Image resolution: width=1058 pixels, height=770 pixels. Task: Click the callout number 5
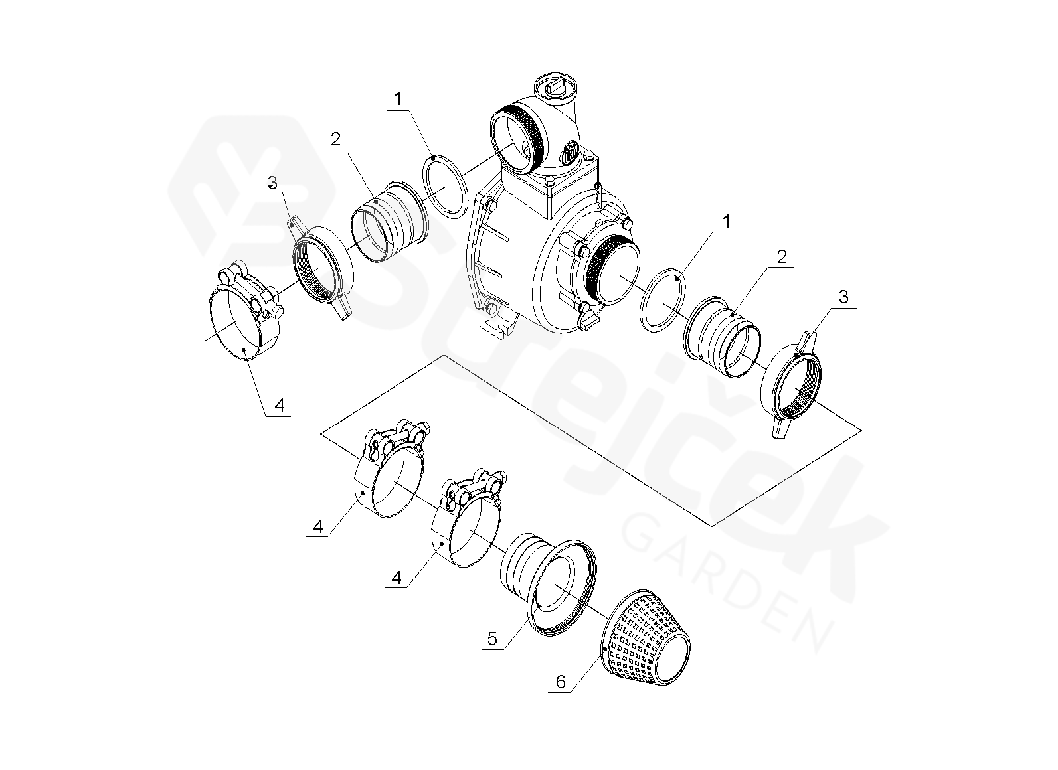[492, 639]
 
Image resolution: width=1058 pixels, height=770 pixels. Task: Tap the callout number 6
[561, 682]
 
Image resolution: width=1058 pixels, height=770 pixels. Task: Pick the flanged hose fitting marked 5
[549, 583]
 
